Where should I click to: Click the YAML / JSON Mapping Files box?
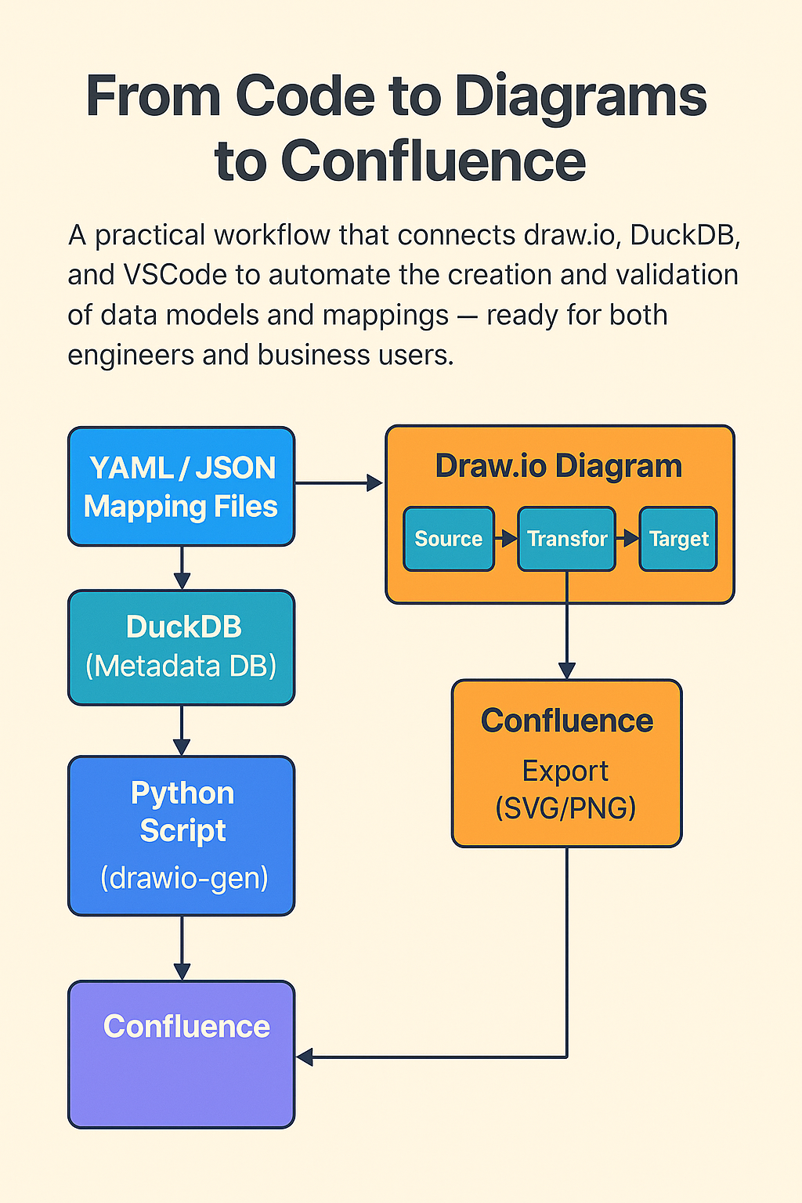[181, 486]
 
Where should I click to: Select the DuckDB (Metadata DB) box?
[181, 647]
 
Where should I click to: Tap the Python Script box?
[181, 835]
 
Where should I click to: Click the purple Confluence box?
[181, 1054]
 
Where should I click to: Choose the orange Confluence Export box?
[566, 764]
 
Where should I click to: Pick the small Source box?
[449, 539]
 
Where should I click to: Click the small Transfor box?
[566, 539]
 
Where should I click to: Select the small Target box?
[678, 539]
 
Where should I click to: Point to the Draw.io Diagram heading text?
[558, 466]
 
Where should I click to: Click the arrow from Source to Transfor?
[506, 539]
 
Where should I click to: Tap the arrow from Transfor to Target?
[627, 539]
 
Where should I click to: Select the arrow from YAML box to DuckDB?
[182, 568]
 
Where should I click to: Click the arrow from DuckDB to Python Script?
[182, 730]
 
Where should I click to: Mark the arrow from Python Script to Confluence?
[182, 948]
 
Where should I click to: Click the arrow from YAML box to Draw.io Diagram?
[338, 483]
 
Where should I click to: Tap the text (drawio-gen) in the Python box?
[184, 878]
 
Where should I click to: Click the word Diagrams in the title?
[580, 96]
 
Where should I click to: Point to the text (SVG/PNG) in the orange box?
[565, 807]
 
